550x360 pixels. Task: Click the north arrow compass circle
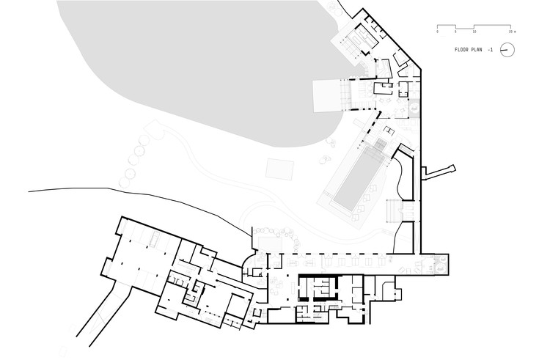tap(506, 50)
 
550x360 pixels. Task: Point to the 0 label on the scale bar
tap(438, 32)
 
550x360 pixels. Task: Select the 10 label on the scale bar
tap(474, 32)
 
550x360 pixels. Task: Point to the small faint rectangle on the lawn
tap(278, 168)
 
